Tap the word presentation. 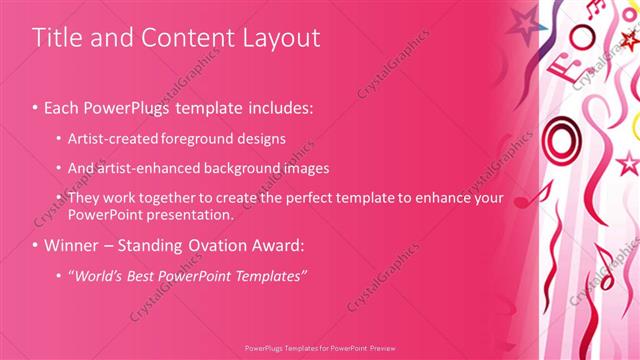click(190, 214)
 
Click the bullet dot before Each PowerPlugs click(36, 107)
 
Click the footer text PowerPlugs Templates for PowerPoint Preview click(319, 350)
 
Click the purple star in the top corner click(522, 20)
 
